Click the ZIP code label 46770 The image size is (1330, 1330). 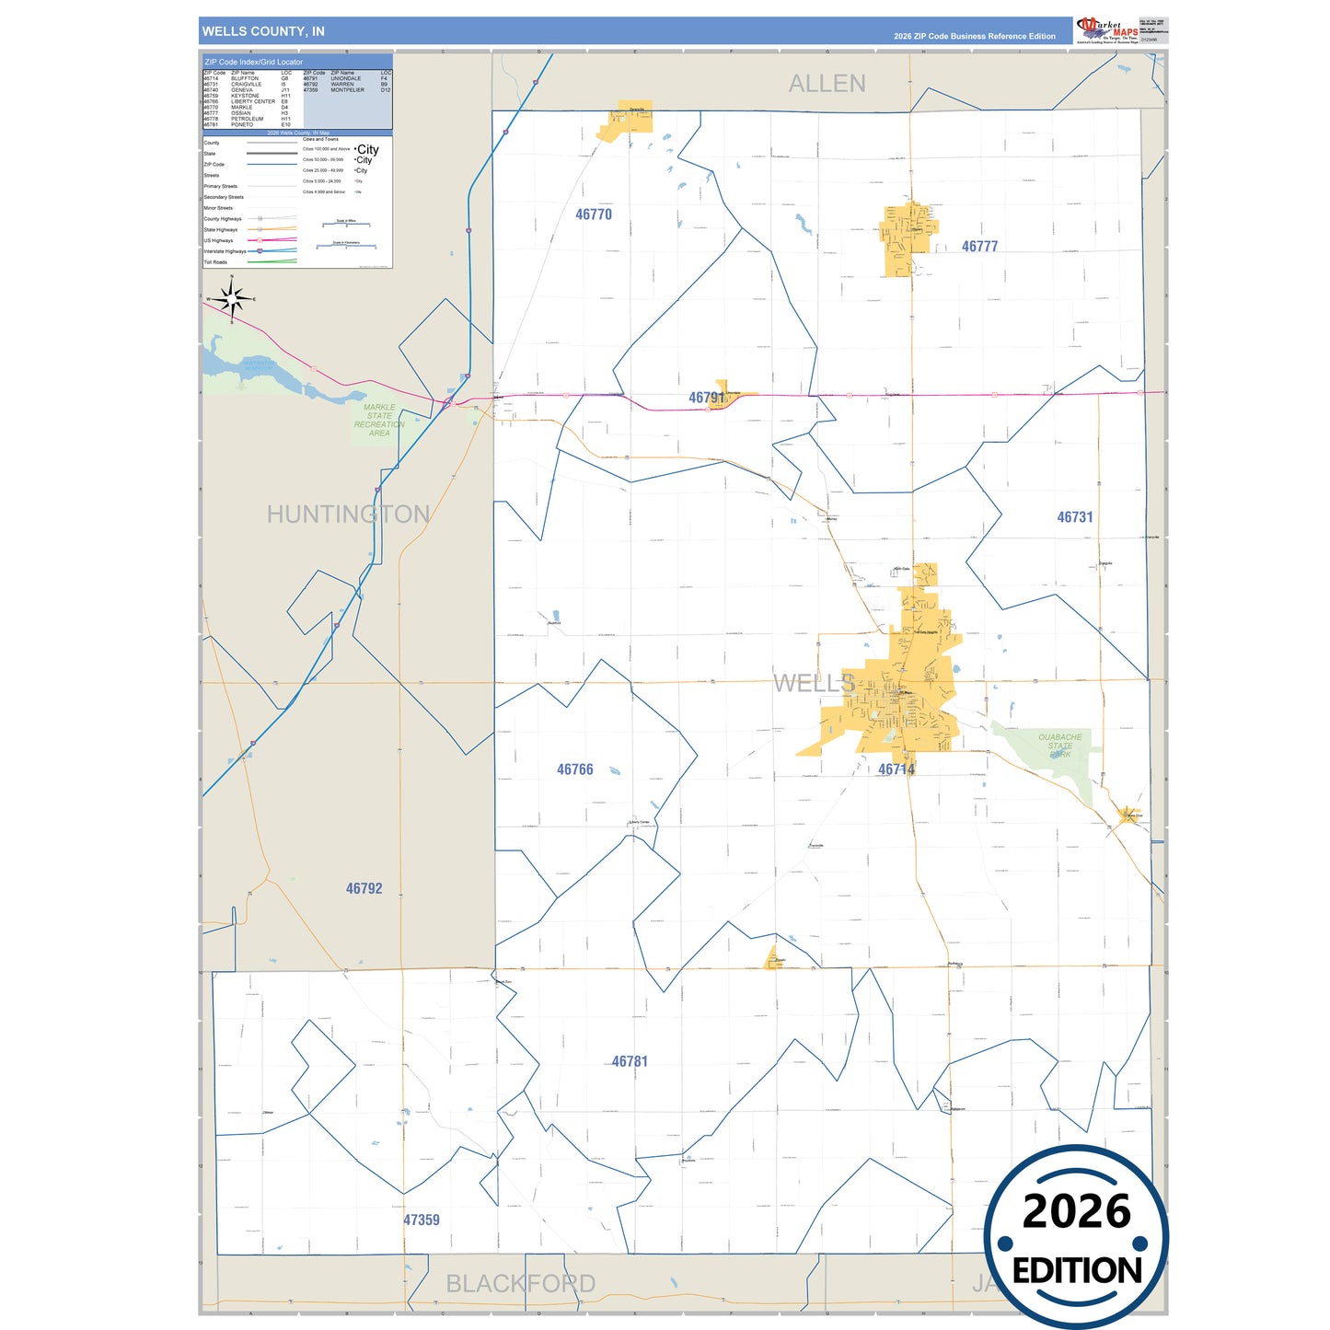(594, 214)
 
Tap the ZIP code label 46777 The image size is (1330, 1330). (979, 247)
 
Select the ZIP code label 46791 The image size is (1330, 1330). (706, 398)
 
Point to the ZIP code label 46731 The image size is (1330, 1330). (1074, 517)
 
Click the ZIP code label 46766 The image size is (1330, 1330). (574, 769)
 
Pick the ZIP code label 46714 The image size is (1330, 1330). (896, 769)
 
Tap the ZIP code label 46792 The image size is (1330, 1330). (364, 888)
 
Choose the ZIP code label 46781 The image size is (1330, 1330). (630, 1061)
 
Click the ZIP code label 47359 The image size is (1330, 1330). (421, 1220)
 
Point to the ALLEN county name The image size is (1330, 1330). (827, 84)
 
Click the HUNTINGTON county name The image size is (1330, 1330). (348, 514)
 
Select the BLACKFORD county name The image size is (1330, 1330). (520, 1283)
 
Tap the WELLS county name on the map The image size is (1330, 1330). (814, 683)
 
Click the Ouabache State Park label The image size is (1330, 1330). (1059, 746)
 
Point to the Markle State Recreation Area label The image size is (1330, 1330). (379, 420)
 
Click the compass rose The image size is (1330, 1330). (232, 298)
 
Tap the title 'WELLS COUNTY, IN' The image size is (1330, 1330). (263, 31)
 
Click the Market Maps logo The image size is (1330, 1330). (1105, 29)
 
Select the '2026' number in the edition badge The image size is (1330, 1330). (1076, 1211)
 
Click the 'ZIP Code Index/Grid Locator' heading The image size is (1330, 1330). (254, 62)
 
